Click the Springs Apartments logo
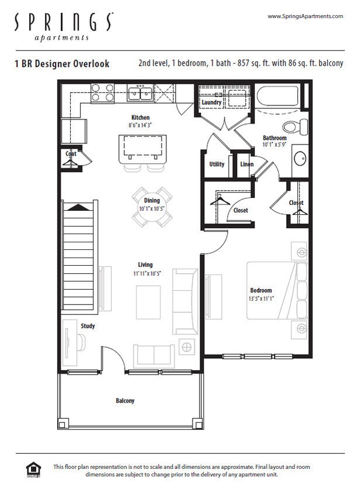click(x=63, y=27)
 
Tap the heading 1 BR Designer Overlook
click(x=62, y=64)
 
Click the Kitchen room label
click(x=140, y=118)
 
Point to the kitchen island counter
click(x=142, y=148)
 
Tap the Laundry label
click(x=211, y=103)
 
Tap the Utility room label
click(x=217, y=164)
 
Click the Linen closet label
click(x=247, y=164)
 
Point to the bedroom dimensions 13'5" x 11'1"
click(x=261, y=298)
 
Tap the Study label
click(x=88, y=326)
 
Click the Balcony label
click(x=125, y=401)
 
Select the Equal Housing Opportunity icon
click(x=35, y=470)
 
